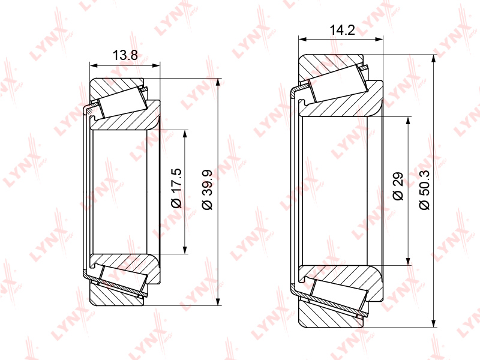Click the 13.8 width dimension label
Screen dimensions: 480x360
[125, 55]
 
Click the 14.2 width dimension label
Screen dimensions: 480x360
[342, 30]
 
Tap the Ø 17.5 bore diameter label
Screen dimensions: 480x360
[176, 188]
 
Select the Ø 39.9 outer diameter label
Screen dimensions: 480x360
[207, 190]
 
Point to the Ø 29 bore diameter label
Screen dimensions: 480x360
[398, 186]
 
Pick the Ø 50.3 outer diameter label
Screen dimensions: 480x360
[425, 190]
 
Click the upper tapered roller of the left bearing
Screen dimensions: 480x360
[122, 102]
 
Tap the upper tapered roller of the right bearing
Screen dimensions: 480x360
[338, 83]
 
